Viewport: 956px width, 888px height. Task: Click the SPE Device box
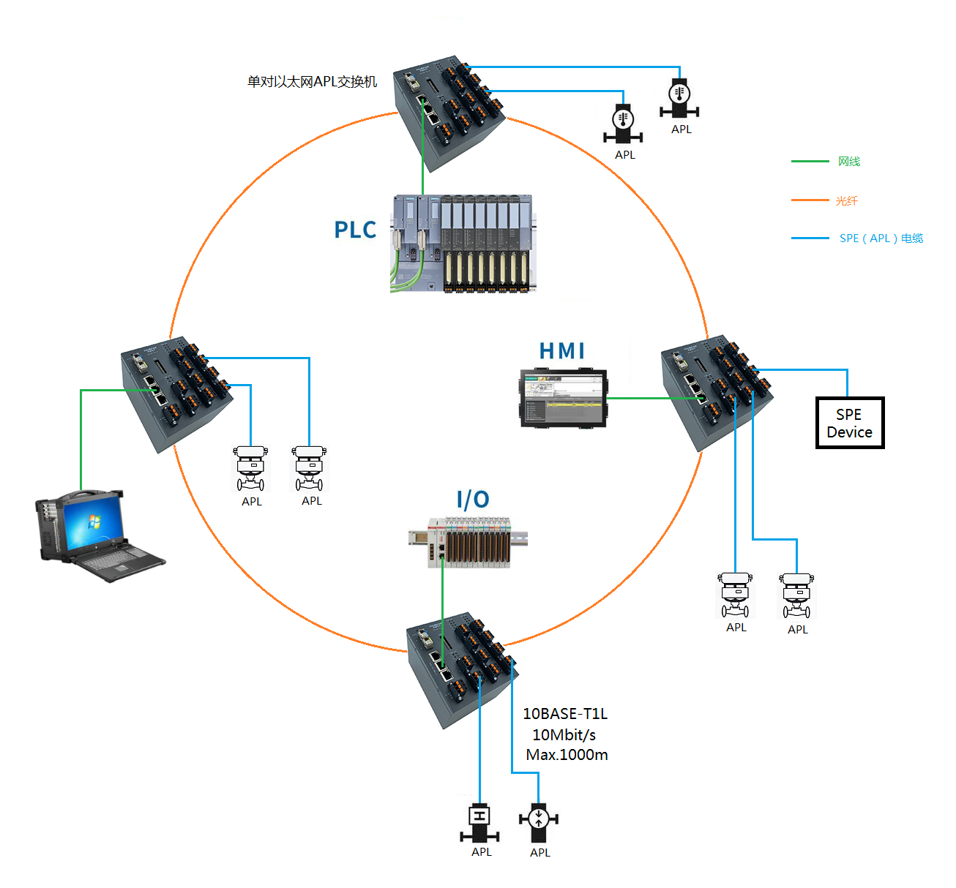pyautogui.click(x=849, y=423)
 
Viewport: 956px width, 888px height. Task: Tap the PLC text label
pyautogui.click(x=355, y=230)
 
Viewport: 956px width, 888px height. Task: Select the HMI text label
pyautogui.click(x=562, y=351)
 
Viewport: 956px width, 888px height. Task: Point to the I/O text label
pyautogui.click(x=473, y=500)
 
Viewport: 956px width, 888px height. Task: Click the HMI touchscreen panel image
pyautogui.click(x=564, y=399)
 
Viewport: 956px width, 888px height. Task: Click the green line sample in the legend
pyautogui.click(x=810, y=161)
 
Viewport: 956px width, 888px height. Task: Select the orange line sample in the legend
pyautogui.click(x=810, y=200)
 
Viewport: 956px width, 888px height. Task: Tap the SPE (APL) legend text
pyautogui.click(x=881, y=238)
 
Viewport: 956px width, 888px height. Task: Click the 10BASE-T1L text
pyautogui.click(x=565, y=714)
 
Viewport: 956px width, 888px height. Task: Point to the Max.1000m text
pyautogui.click(x=567, y=755)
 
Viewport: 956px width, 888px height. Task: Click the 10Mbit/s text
pyautogui.click(x=564, y=734)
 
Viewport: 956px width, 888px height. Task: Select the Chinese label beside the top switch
pyautogui.click(x=313, y=82)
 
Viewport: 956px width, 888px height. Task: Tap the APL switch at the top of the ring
pyautogui.click(x=448, y=112)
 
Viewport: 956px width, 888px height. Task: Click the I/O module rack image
pyautogui.click(x=468, y=542)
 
